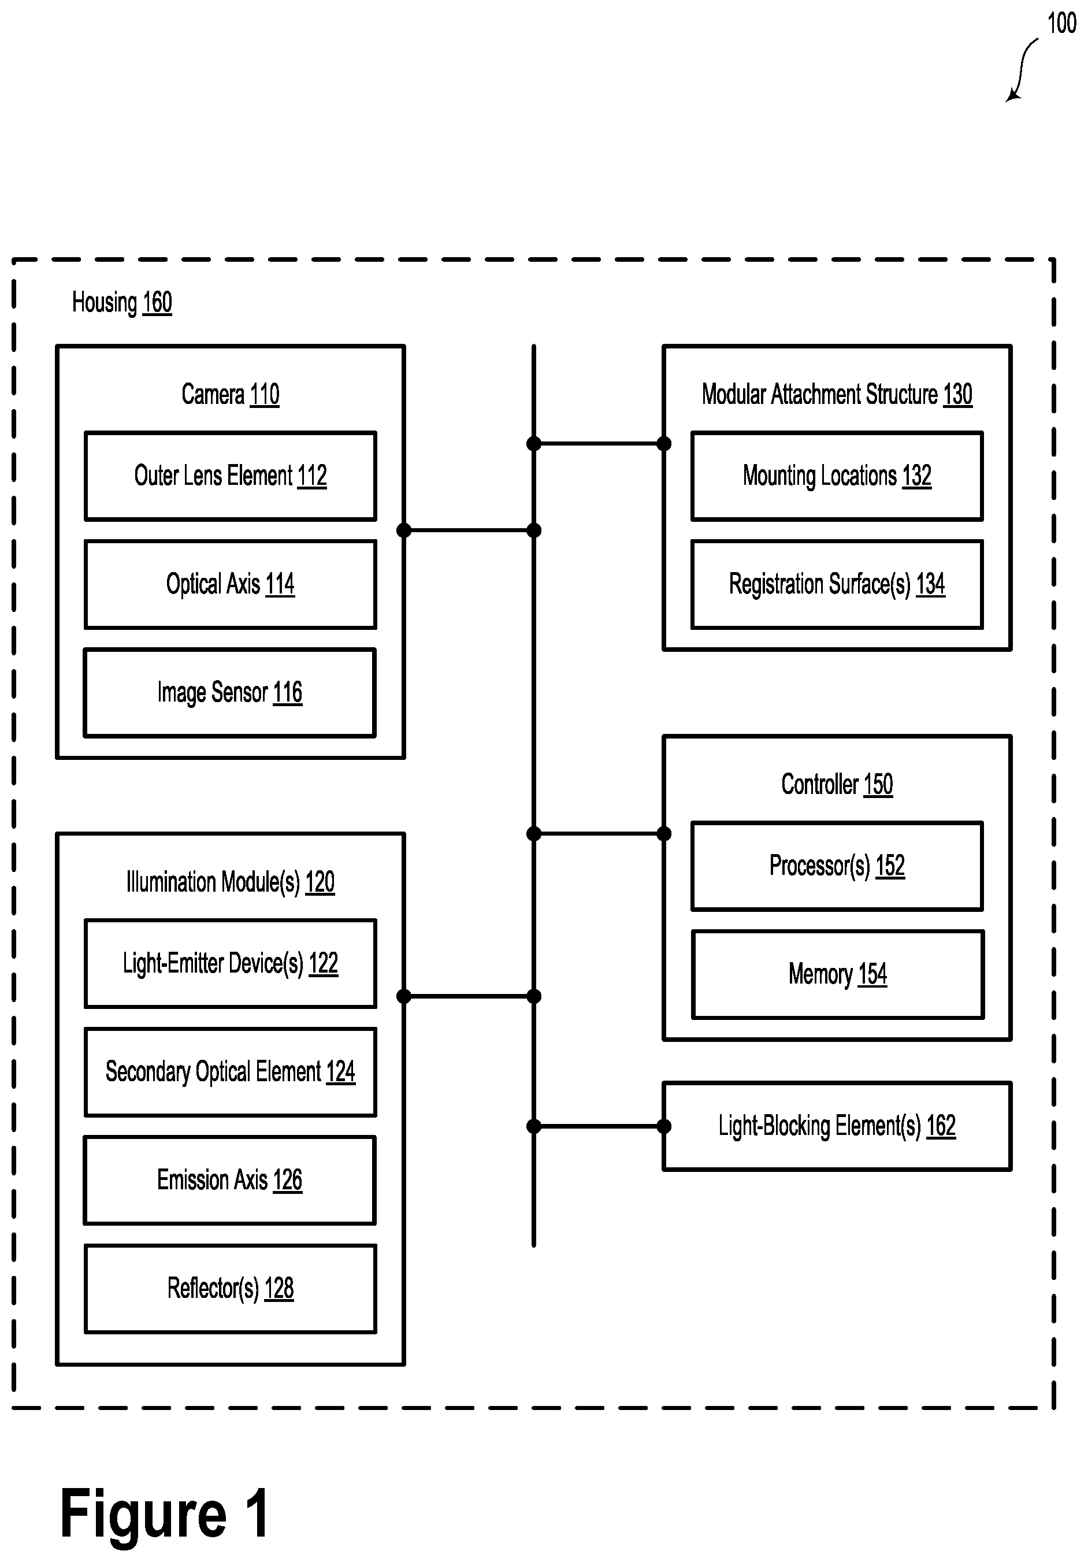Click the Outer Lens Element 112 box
[x=230, y=476]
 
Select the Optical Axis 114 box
[x=230, y=584]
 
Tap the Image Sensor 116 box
[x=230, y=692]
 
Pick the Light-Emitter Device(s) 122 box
[x=230, y=963]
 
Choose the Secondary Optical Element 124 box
[x=230, y=1072]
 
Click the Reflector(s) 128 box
[x=230, y=1289]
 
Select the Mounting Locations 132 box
[x=837, y=476]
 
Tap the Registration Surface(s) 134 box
[x=837, y=584]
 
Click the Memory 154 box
[x=838, y=974]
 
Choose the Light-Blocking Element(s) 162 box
[x=837, y=1126]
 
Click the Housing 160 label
[x=122, y=303]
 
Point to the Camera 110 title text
[x=230, y=395]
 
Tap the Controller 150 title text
[x=837, y=784]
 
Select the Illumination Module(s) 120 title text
[x=230, y=882]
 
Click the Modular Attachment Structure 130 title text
[x=837, y=395]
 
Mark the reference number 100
[x=1061, y=23]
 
